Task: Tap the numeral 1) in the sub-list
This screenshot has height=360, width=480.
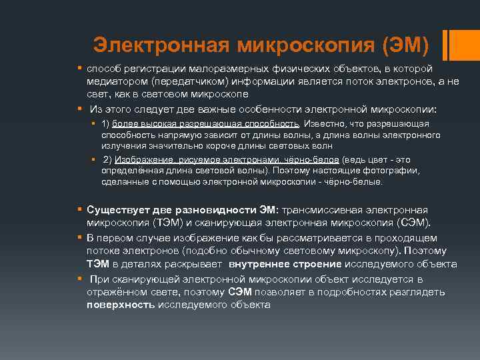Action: (x=105, y=124)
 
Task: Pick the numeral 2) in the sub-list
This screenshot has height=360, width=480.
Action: (x=107, y=159)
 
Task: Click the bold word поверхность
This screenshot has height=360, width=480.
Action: (x=121, y=304)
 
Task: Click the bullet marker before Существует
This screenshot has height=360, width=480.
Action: (x=79, y=210)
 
